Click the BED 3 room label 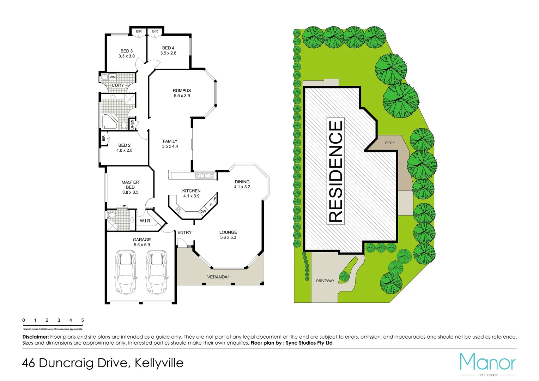(127, 51)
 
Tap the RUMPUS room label (182, 91)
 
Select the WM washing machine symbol (113, 77)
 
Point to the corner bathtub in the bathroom (109, 121)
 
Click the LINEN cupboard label (133, 125)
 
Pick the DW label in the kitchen (203, 212)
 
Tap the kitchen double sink (205, 175)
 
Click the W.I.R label (145, 221)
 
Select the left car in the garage (125, 272)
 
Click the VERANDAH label (219, 277)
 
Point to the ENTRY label (184, 232)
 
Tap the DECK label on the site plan (390, 143)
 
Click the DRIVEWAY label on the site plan (325, 281)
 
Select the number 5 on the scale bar (83, 320)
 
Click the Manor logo (487, 363)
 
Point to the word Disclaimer (36, 337)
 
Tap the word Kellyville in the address (159, 363)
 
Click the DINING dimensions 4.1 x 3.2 (242, 187)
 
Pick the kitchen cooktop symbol (178, 210)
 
